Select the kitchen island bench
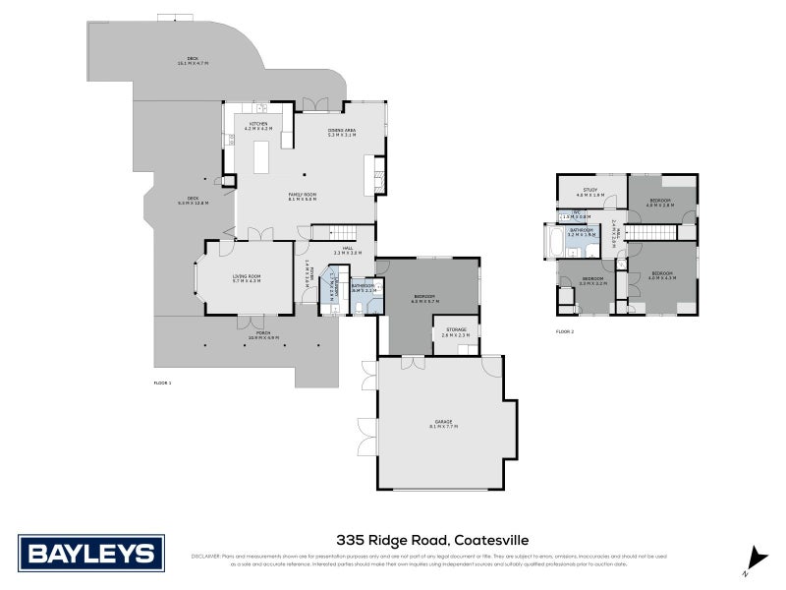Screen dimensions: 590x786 (262, 156)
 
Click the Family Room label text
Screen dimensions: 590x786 (301, 196)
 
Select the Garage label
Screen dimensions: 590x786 (444, 423)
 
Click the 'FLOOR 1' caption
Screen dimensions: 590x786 (163, 381)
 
